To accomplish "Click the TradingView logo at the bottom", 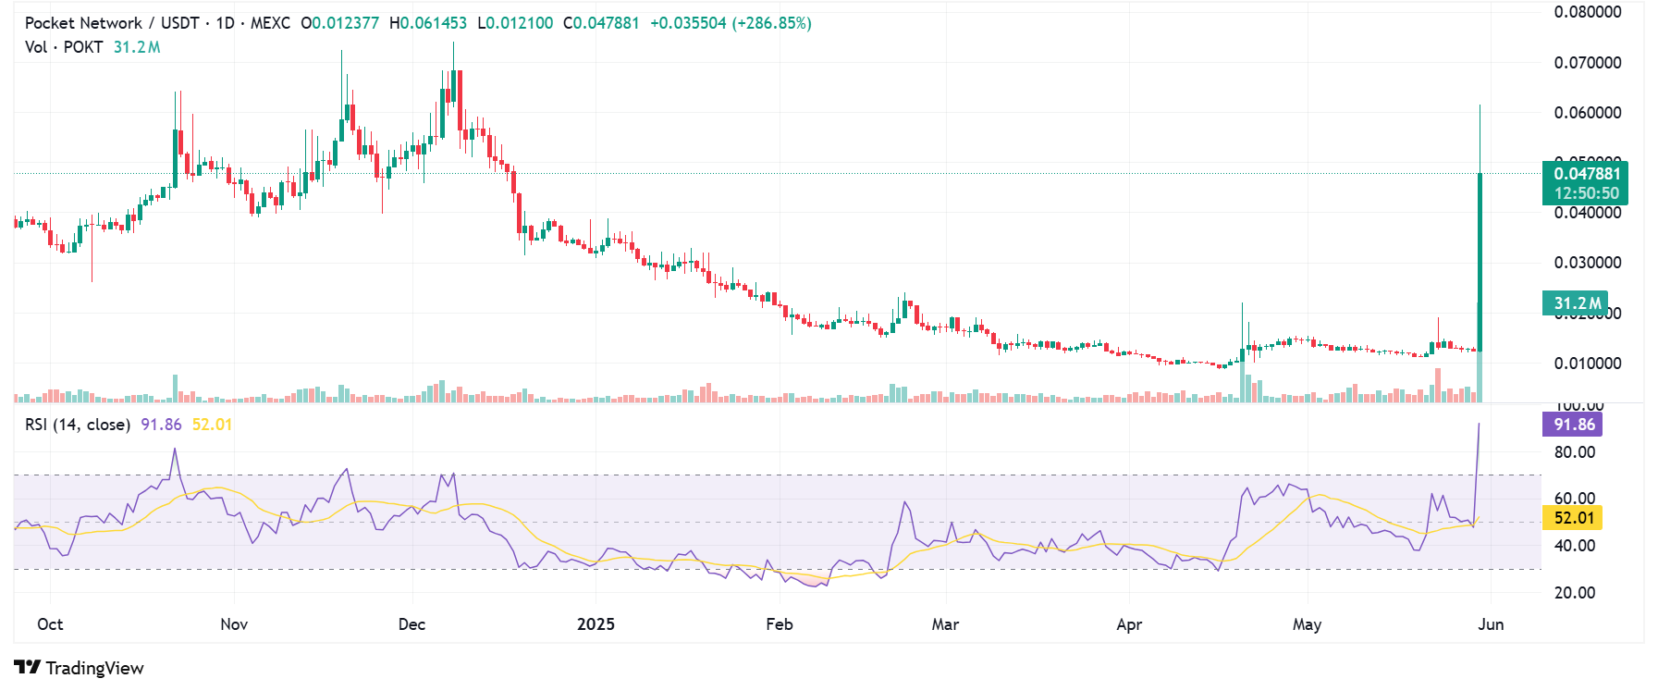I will [x=80, y=668].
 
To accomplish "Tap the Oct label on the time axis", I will [x=50, y=624].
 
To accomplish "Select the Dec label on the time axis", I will [x=411, y=624].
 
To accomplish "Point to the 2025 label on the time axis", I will [x=596, y=624].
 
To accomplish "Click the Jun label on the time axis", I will [x=1491, y=624].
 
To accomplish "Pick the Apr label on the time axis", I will [x=1129, y=624].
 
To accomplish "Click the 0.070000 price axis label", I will [x=1588, y=63].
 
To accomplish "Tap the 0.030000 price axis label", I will [x=1588, y=263].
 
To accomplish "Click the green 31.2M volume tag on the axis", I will [x=1576, y=303].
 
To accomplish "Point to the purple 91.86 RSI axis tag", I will [x=1573, y=425].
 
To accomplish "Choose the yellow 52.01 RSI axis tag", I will [x=1573, y=518].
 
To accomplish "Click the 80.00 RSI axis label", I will [x=1575, y=452].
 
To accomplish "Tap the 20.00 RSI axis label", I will [x=1575, y=593].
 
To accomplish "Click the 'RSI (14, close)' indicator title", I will [x=78, y=425].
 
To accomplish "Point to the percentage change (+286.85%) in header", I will [x=771, y=23].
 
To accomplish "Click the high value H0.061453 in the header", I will [x=428, y=23].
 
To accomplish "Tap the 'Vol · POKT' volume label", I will [x=64, y=47].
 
